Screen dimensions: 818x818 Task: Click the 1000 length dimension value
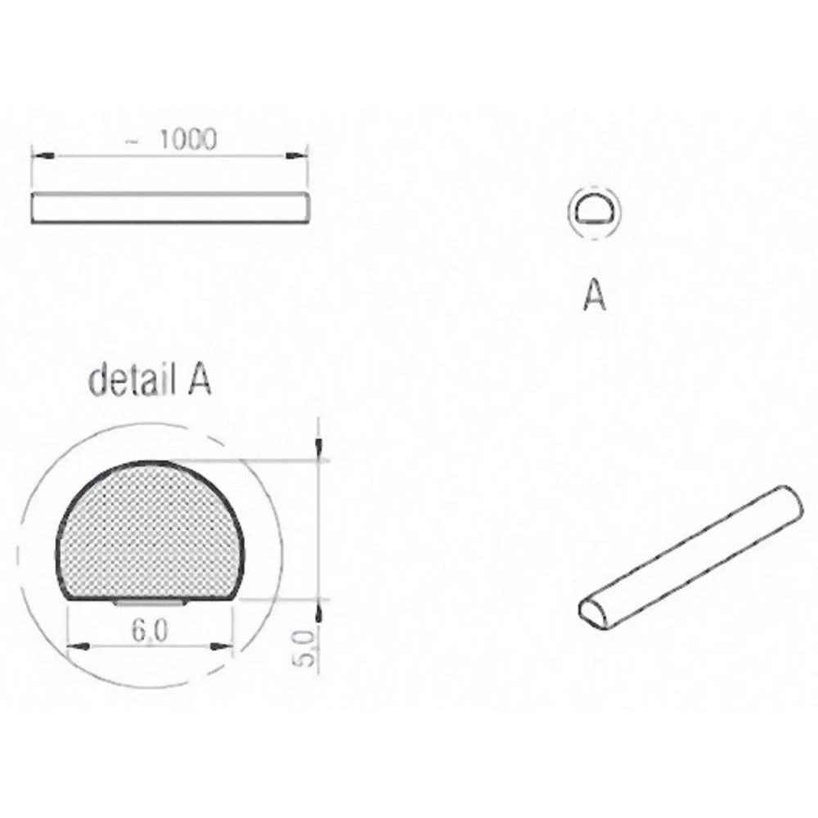pyautogui.click(x=188, y=140)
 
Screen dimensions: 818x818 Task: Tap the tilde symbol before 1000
pyautogui.click(x=131, y=142)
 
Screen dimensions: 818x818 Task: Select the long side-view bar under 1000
pyautogui.click(x=170, y=208)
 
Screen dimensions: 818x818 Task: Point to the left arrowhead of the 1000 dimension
pyautogui.click(x=41, y=153)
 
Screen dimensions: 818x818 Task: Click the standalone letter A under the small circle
pyautogui.click(x=595, y=296)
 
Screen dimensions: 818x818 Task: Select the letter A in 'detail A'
pyautogui.click(x=200, y=381)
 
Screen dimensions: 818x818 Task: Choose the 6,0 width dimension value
pyautogui.click(x=150, y=631)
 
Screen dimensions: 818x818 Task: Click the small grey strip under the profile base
pyautogui.click(x=152, y=603)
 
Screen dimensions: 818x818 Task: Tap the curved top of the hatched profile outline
pyautogui.click(x=151, y=463)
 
